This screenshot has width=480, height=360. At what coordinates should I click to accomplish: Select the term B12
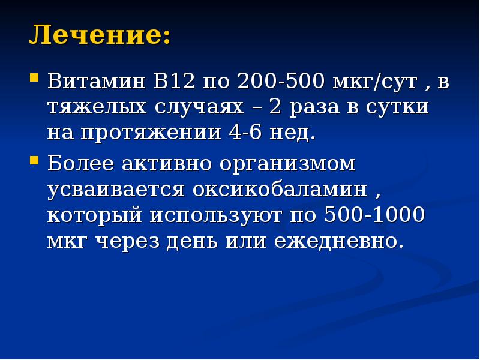[174, 81]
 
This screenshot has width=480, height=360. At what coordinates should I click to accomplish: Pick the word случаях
[197, 107]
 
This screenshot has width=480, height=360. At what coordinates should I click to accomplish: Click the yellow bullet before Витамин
[34, 77]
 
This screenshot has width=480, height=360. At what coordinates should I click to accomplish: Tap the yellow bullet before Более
[34, 160]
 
